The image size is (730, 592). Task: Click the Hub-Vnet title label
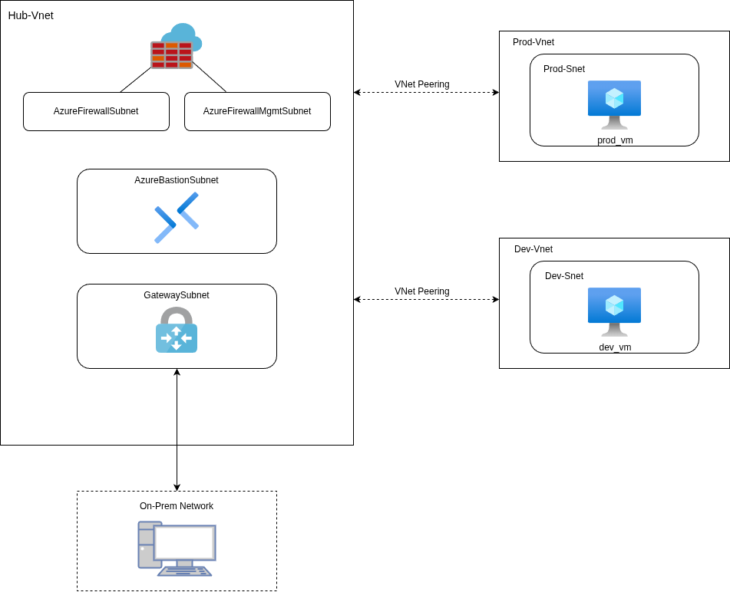pos(31,15)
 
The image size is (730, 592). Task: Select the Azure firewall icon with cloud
pos(176,47)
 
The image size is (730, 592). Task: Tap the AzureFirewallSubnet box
pos(96,111)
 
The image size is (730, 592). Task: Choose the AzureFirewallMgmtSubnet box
pos(257,111)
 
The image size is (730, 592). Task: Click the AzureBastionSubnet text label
pos(177,180)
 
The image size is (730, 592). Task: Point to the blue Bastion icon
pos(177,218)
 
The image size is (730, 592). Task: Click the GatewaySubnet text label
pos(177,295)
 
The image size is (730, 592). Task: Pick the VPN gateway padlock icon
pos(177,331)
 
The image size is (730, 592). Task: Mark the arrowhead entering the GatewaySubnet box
pos(177,373)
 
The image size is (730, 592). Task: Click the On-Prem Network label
pos(177,506)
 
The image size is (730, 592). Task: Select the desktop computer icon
pos(177,548)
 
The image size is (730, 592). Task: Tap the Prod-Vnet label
pos(533,42)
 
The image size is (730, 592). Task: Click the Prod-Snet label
pos(564,69)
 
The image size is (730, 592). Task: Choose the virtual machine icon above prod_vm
pos(614,104)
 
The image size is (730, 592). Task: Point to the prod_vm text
pos(615,140)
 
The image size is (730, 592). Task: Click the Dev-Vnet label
pos(533,249)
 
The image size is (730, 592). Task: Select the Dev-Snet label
pos(564,276)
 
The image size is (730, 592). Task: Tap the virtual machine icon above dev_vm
pos(614,311)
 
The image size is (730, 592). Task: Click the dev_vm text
pos(615,347)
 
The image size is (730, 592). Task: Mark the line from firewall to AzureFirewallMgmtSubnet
pos(210,77)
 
